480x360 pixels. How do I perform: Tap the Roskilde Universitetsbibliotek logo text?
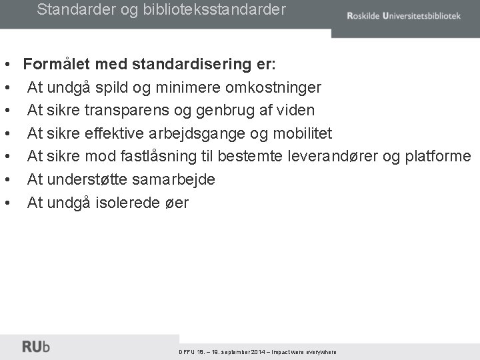403,16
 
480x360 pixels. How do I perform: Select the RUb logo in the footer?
36,347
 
